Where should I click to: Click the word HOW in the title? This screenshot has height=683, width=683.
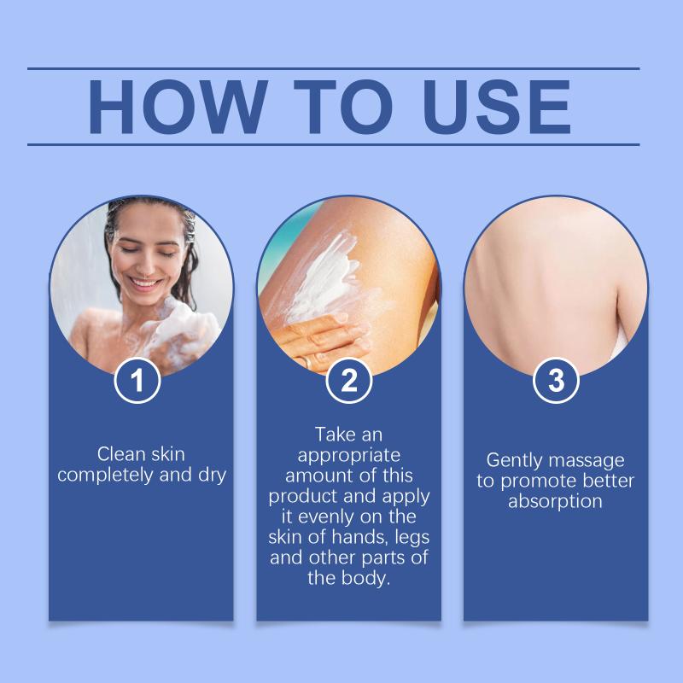point(178,107)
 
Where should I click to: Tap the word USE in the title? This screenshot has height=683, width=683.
point(497,107)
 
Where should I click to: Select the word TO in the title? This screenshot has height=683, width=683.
point(344,107)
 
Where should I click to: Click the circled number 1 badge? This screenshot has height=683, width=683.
point(137,380)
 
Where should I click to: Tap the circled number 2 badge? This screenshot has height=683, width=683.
point(349,380)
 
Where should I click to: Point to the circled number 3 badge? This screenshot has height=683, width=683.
point(556,380)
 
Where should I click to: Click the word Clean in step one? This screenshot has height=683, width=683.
point(121,454)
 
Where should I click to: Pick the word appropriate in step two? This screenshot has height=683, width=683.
point(349,456)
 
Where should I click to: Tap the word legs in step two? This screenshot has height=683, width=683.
point(412,538)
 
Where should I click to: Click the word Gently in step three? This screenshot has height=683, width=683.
point(514,461)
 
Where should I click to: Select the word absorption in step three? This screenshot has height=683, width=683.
point(556,502)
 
